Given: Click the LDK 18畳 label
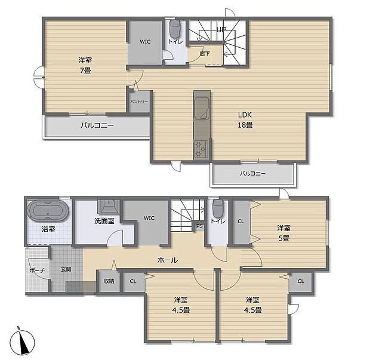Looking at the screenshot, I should [x=245, y=120].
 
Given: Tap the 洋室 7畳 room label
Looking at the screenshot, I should [x=84, y=65].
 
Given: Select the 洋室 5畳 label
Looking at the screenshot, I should [x=283, y=233].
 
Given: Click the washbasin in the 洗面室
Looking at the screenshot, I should [x=109, y=207].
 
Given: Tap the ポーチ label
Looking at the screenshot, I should [x=36, y=270].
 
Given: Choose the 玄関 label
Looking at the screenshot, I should [x=66, y=270].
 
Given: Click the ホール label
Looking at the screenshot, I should [x=168, y=260].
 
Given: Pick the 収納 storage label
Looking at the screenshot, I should [x=109, y=281].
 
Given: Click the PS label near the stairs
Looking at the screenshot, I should [x=199, y=226].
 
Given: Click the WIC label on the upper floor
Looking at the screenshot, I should [x=145, y=42].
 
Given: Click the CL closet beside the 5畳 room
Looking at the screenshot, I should [x=240, y=221].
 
